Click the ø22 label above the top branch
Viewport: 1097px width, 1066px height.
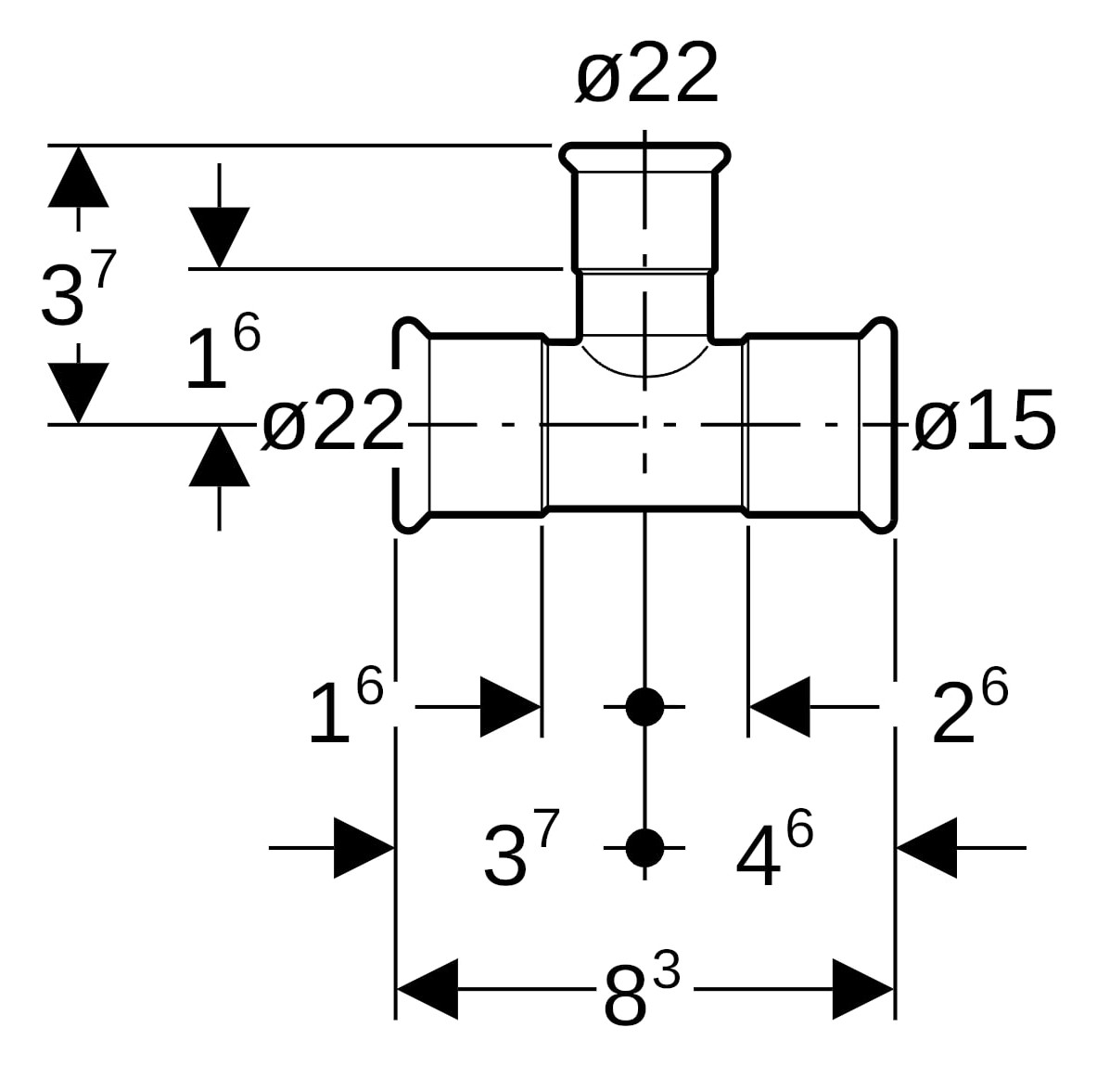pyautogui.click(x=646, y=74)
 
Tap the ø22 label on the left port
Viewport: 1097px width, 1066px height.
pyautogui.click(x=332, y=423)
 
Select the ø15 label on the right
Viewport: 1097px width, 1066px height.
pyautogui.click(x=984, y=422)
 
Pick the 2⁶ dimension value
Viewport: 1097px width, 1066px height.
pyautogui.click(x=968, y=709)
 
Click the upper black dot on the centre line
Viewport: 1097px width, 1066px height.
pyautogui.click(x=644, y=707)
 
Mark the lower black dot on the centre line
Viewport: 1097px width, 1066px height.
pyautogui.click(x=644, y=847)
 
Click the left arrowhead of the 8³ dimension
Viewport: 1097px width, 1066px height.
pyautogui.click(x=427, y=990)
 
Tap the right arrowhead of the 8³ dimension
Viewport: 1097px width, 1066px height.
pyautogui.click(x=862, y=990)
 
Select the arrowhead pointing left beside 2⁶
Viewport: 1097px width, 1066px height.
pyautogui.click(x=779, y=707)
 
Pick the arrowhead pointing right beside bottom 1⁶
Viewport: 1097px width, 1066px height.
pyautogui.click(x=511, y=707)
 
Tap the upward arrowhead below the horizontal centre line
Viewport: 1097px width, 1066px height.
pyautogui.click(x=219, y=456)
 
